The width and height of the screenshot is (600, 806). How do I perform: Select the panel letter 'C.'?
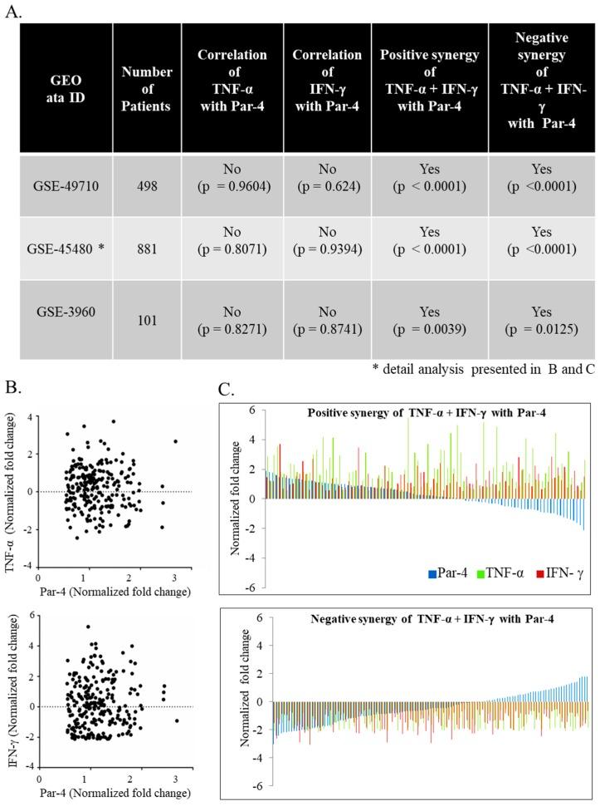[237, 388]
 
